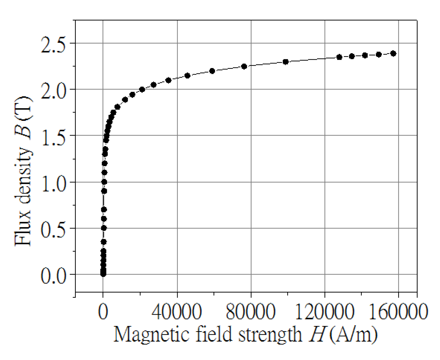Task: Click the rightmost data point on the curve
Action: point(393,53)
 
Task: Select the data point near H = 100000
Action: point(286,62)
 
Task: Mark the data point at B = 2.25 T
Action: point(244,66)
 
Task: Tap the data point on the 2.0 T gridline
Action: point(142,89)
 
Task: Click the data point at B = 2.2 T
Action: point(212,71)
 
